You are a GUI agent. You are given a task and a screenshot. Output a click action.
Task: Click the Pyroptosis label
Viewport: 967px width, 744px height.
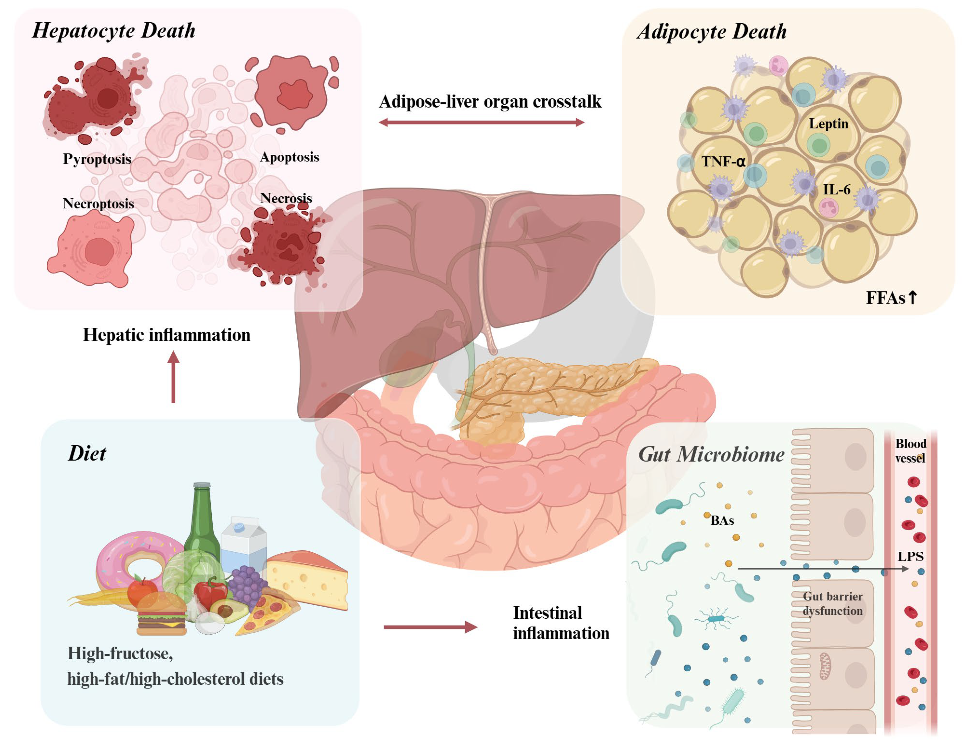point(97,159)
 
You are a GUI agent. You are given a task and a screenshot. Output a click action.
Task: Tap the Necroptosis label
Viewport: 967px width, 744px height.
point(98,204)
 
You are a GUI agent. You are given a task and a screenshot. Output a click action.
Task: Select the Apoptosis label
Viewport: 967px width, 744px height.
point(289,157)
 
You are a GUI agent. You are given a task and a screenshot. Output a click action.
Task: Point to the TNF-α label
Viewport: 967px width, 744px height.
point(723,161)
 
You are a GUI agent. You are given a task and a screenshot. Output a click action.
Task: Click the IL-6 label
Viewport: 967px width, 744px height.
point(836,190)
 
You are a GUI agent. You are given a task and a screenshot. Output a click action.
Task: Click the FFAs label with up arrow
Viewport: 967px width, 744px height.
point(891,298)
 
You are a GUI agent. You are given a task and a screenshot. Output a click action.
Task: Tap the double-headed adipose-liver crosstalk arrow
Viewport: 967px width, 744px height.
point(481,122)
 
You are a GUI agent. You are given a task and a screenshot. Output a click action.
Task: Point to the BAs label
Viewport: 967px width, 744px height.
point(722,521)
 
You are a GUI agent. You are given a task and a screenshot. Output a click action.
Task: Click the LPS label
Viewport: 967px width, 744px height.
point(910,556)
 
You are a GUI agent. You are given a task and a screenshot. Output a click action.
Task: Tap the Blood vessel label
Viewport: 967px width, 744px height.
point(910,451)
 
